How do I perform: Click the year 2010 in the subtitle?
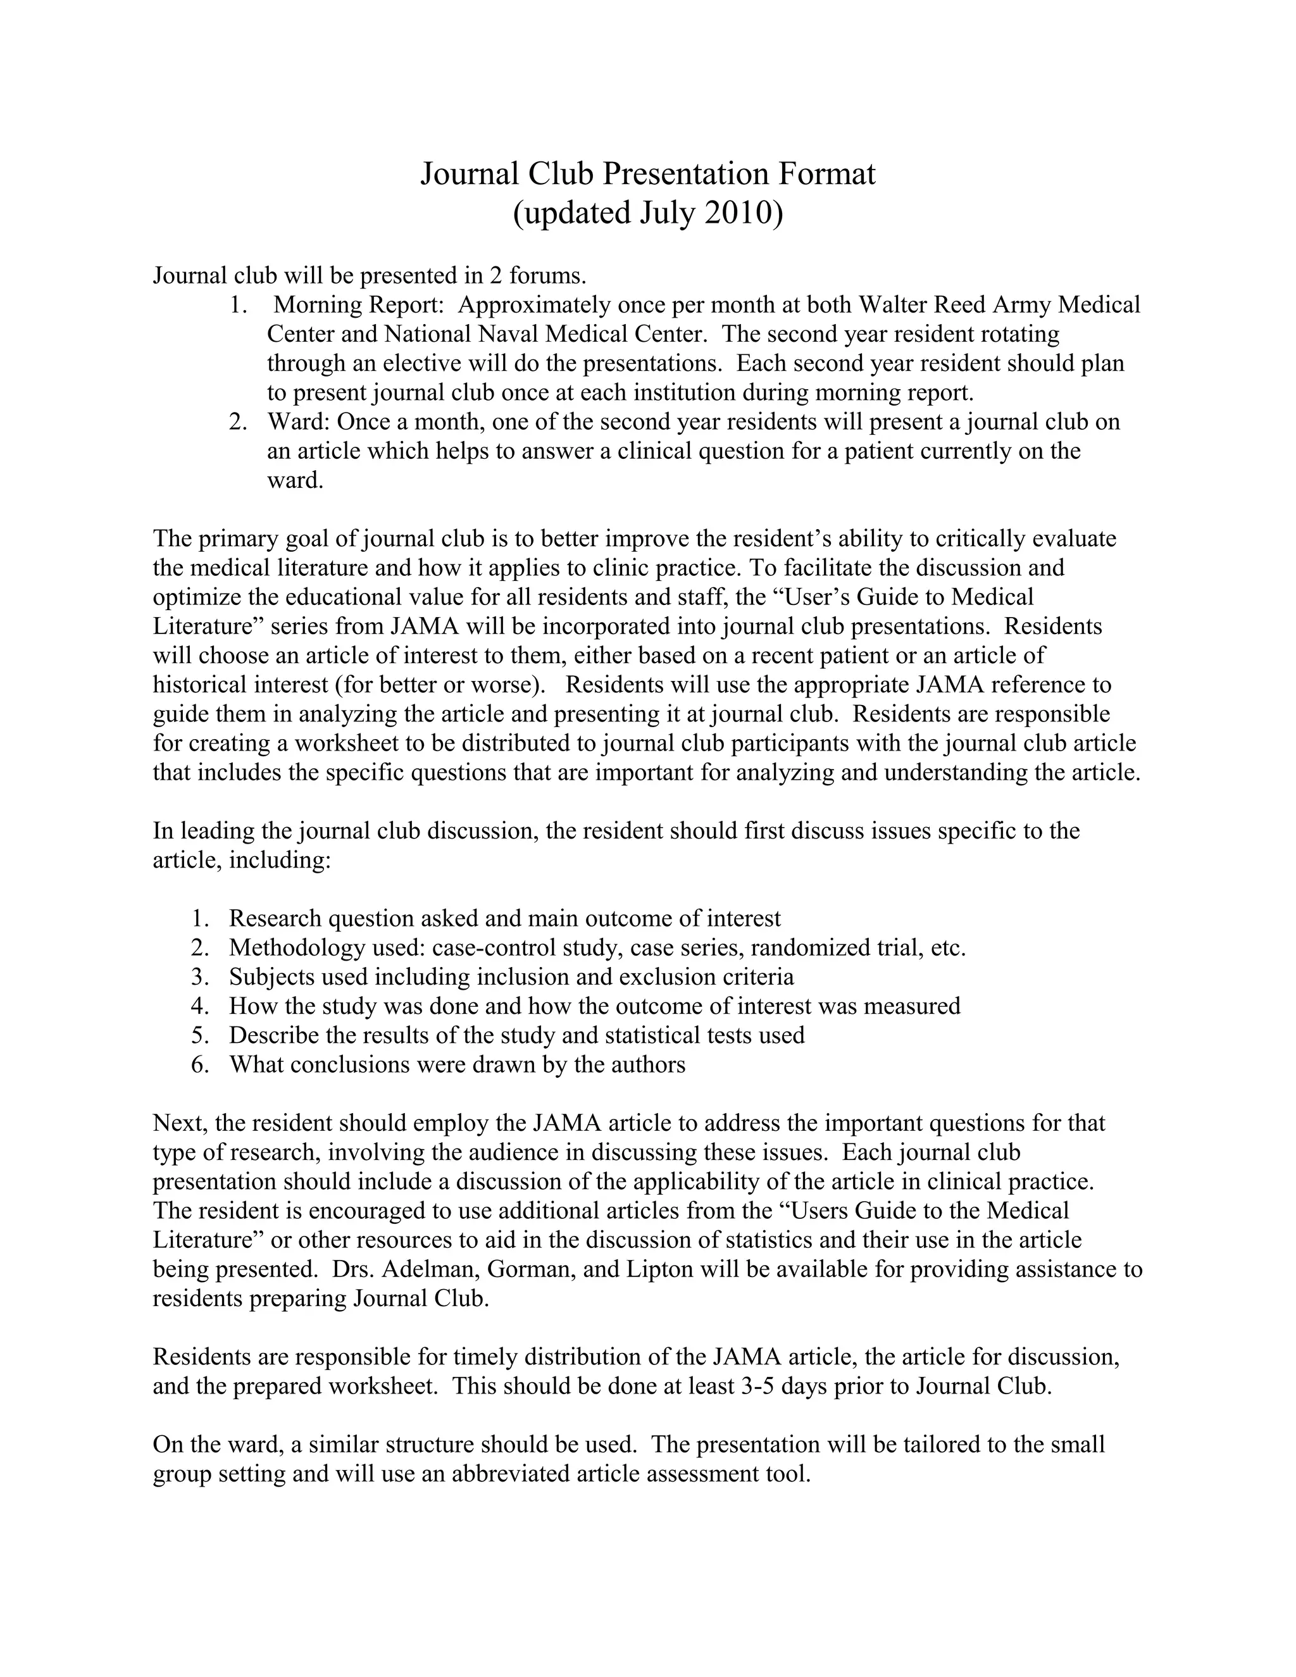pos(737,213)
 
